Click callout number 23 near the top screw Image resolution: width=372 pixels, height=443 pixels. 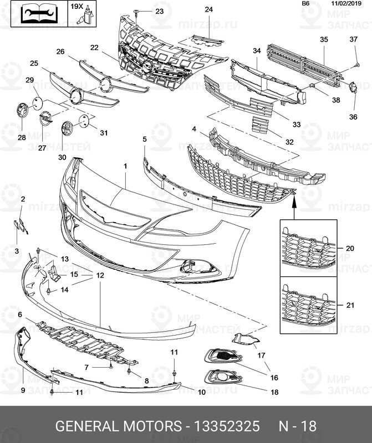tap(159, 11)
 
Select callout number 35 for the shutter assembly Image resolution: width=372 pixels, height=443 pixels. tap(324, 39)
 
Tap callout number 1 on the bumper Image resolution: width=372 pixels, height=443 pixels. tap(125, 166)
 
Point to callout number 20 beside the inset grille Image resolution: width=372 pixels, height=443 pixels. tap(349, 249)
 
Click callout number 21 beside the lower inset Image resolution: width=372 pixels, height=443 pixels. tap(349, 306)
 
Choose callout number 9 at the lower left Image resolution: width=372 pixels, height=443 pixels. tap(23, 390)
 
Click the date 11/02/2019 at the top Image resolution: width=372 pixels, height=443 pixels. tap(346, 4)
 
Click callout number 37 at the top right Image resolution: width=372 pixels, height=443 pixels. tap(353, 39)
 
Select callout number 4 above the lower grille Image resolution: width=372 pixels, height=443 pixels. tap(194, 128)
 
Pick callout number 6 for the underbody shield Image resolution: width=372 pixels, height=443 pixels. tap(20, 315)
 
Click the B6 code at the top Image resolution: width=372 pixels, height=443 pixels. tap(305, 4)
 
